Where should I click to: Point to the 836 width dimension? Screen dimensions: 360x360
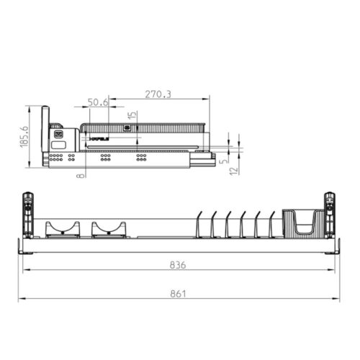click(x=178, y=265)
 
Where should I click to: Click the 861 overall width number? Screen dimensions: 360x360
click(x=178, y=293)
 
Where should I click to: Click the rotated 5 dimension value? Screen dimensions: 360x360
click(x=225, y=161)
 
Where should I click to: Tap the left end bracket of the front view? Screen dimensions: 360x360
click(x=28, y=214)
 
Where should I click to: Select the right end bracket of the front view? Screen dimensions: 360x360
click(x=330, y=214)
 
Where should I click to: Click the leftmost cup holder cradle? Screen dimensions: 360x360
click(x=62, y=230)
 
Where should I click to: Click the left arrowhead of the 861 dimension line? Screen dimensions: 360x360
click(x=21, y=299)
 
